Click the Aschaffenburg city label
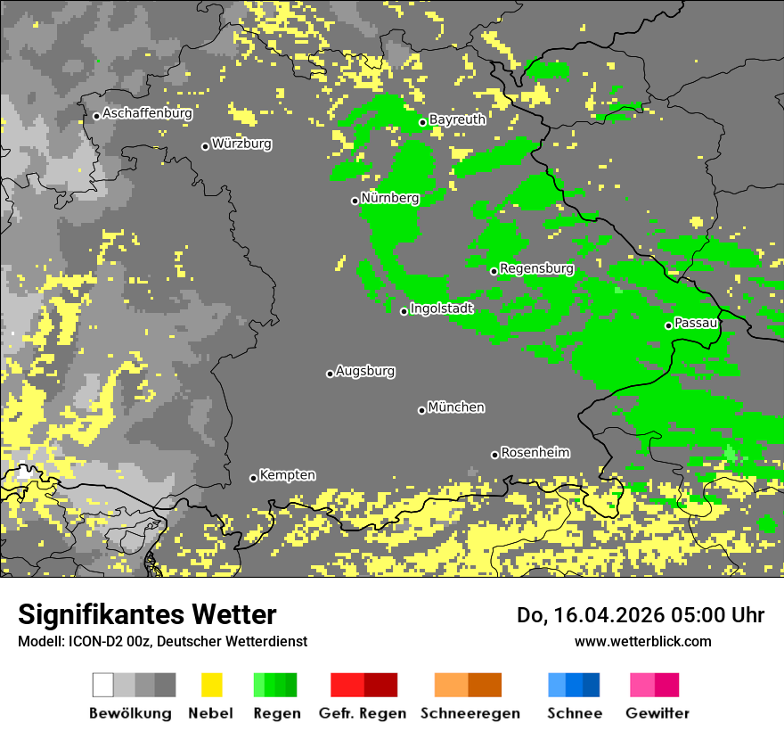tap(147, 113)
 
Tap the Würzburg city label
tap(241, 144)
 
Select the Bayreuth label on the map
tap(457, 119)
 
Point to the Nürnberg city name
tap(390, 198)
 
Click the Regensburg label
tap(536, 268)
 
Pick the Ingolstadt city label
tap(442, 308)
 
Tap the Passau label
tap(696, 323)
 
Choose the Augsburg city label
tap(365, 371)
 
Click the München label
tap(456, 407)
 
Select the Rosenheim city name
tap(535, 453)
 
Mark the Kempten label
tap(287, 475)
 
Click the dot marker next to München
tap(421, 410)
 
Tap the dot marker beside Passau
tap(668, 325)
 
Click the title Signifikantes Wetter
tap(147, 614)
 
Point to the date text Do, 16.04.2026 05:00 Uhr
tap(641, 615)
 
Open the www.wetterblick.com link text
tap(642, 641)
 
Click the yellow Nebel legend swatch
tap(211, 685)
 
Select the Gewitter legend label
tap(657, 713)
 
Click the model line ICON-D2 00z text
tap(162, 641)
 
